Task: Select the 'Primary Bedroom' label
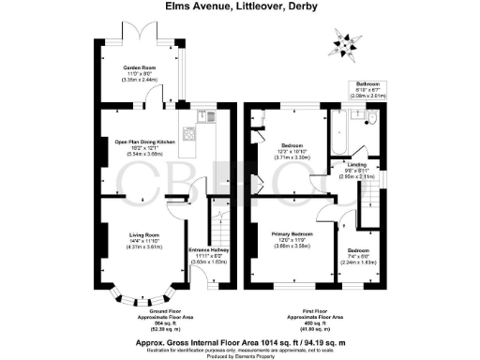click(292, 232)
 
